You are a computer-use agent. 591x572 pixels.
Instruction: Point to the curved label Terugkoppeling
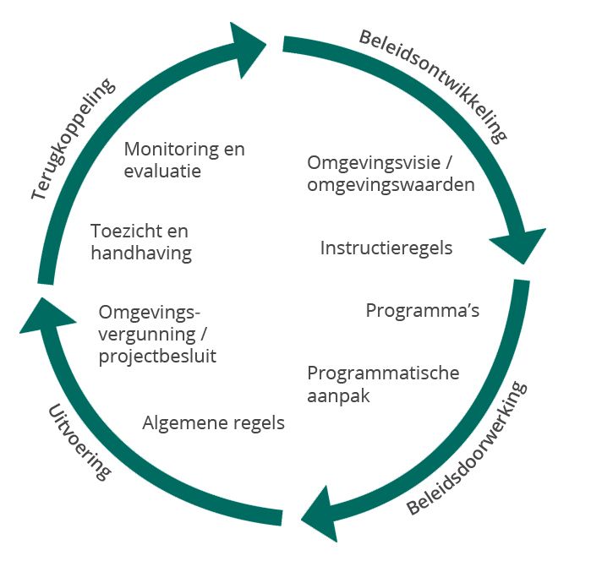coord(72,140)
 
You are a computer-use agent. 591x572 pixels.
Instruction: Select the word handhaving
coord(141,252)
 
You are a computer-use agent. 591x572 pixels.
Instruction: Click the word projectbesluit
coord(157,356)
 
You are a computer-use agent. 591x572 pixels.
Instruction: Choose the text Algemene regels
coord(213,422)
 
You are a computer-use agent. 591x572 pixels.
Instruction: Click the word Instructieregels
coord(386,248)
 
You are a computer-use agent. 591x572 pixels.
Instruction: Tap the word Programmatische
coord(383,373)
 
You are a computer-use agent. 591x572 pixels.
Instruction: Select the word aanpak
coord(339,395)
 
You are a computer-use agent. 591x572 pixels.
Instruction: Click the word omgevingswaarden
coord(391,184)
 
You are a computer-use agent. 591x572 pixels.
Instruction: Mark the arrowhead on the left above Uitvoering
coord(42,313)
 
